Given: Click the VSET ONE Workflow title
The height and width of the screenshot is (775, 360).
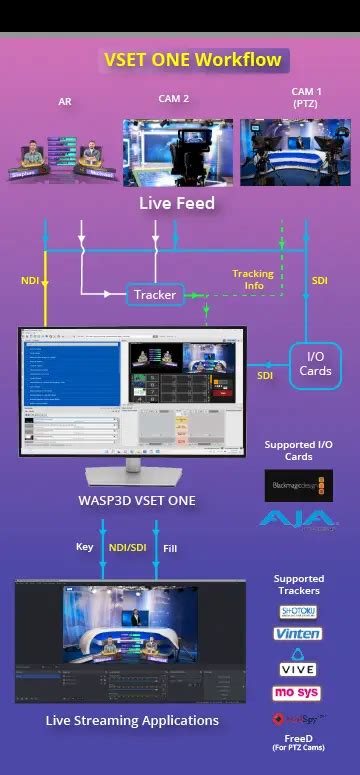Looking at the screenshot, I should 192,60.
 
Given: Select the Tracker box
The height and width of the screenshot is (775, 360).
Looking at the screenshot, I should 154,295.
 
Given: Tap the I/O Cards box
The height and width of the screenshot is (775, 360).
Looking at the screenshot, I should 315,363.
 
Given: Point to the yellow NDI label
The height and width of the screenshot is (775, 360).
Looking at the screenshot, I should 30,281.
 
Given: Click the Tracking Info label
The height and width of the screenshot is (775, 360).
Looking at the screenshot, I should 253,279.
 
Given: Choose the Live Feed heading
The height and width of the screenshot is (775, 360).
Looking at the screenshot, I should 176,205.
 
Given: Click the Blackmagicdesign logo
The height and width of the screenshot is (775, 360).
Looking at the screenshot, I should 299,486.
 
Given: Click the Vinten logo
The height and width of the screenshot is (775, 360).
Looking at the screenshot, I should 298,634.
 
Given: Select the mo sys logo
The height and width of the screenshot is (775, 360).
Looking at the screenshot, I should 298,692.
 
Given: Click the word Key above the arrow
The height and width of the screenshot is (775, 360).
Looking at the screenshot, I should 84,547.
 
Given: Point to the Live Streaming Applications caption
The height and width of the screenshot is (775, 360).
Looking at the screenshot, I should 132,720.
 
